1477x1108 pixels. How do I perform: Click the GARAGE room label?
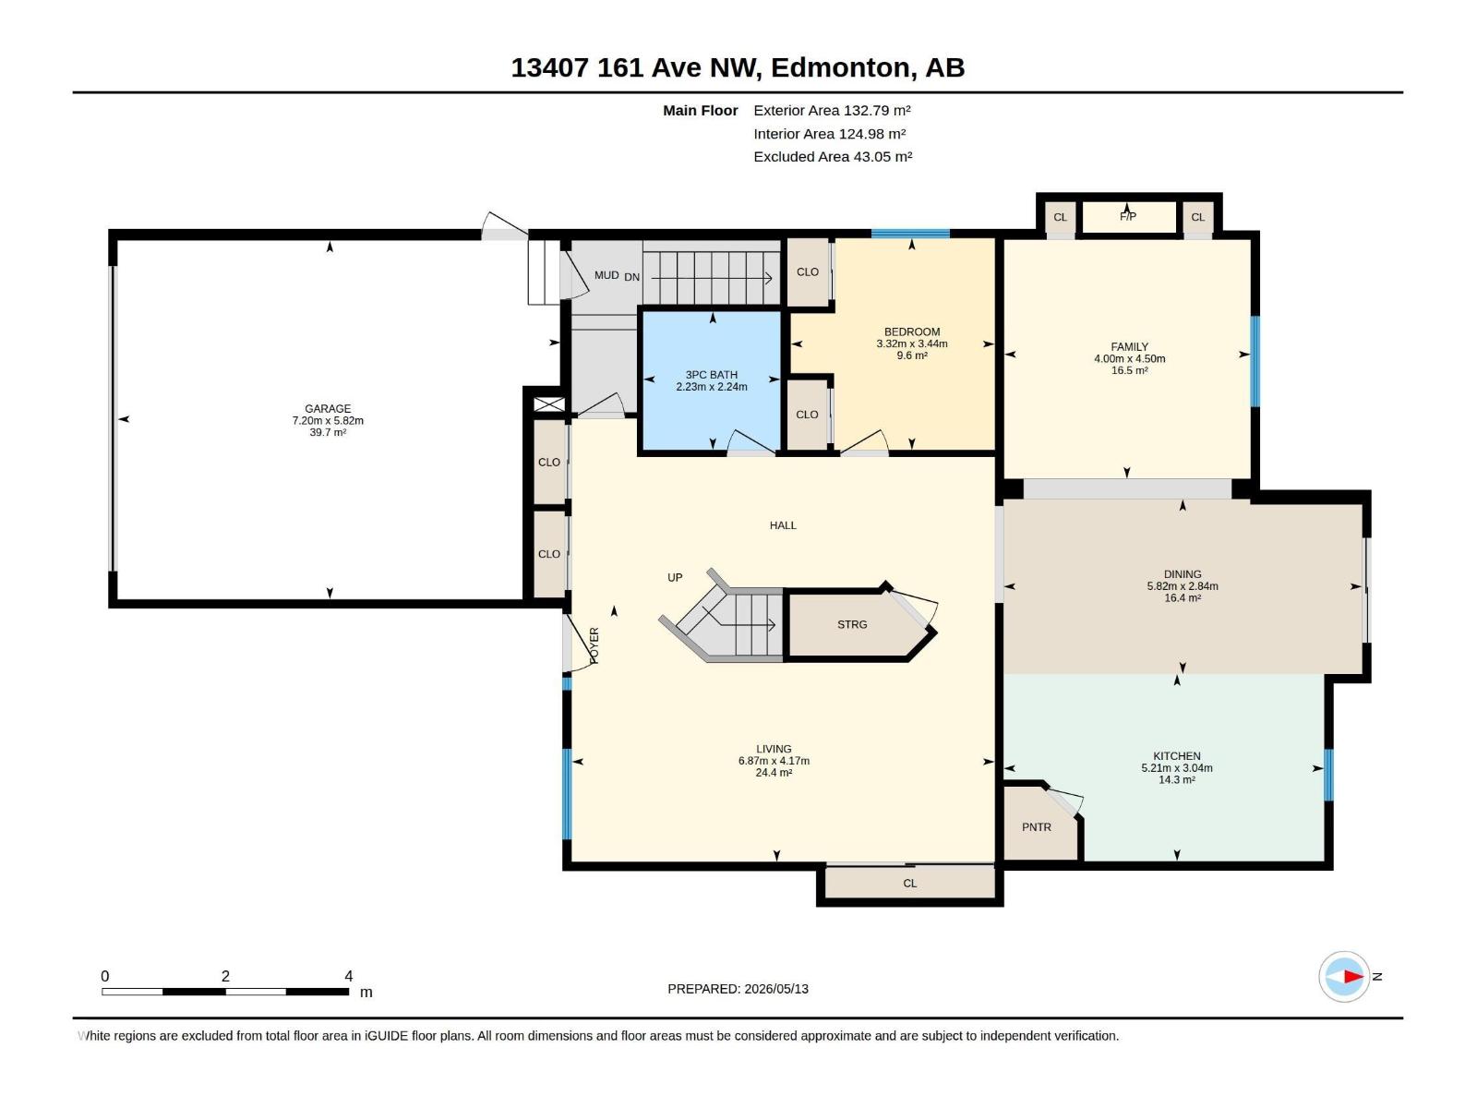coord(328,409)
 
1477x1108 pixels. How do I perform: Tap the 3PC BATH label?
coord(711,376)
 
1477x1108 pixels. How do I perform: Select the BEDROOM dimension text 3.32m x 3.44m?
coord(912,343)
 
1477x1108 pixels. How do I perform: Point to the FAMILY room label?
coord(1129,347)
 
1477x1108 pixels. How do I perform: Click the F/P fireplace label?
coord(1128,217)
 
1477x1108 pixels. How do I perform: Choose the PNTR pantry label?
coord(1037,827)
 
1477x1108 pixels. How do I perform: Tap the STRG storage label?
coord(852,625)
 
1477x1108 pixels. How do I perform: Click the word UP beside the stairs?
coord(675,578)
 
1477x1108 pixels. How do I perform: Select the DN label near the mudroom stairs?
coord(631,277)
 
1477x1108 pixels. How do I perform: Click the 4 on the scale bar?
coord(349,976)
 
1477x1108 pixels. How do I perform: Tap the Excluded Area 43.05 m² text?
coord(833,157)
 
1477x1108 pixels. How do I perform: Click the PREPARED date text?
coord(738,989)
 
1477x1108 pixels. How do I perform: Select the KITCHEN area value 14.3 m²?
coord(1176,780)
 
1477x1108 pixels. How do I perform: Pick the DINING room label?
coord(1183,574)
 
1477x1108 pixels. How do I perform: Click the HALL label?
coord(783,525)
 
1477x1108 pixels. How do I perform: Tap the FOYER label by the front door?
coord(594,645)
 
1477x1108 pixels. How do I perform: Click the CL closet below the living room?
coord(910,884)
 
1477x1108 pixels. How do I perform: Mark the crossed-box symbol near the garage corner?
coord(549,404)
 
